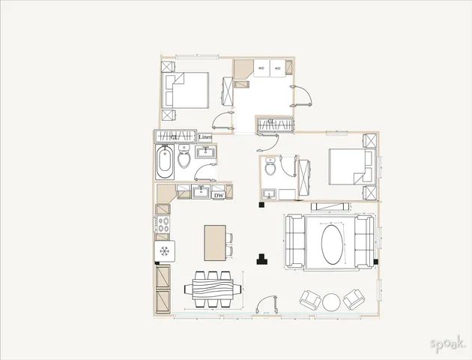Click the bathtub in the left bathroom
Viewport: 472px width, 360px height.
tap(165, 161)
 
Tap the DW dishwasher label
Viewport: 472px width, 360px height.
tap(219, 196)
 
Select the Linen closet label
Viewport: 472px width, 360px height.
tap(205, 137)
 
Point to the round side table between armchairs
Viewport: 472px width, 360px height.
tap(331, 302)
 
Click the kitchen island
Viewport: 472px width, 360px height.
tap(214, 243)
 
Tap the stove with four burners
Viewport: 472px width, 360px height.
tap(162, 225)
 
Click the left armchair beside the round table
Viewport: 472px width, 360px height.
tap(308, 300)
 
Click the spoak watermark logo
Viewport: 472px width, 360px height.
tap(447, 344)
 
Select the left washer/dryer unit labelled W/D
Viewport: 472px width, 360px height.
tap(261, 67)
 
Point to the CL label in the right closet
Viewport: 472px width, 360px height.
tap(270, 121)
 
